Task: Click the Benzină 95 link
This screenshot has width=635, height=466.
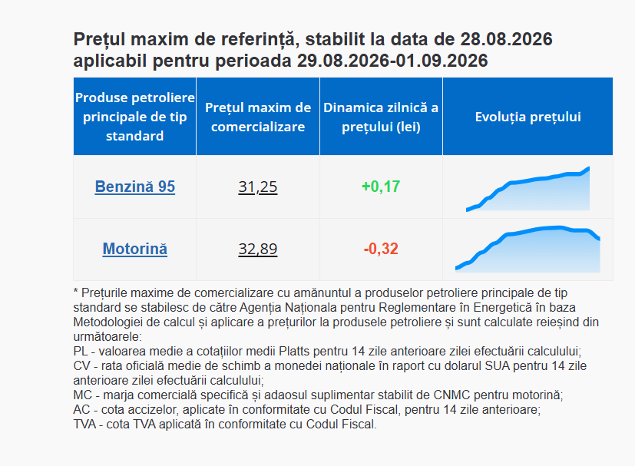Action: (x=135, y=187)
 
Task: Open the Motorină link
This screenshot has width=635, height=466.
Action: (x=135, y=249)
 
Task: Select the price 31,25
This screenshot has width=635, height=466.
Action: (x=258, y=187)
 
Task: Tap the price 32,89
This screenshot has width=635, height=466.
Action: (x=258, y=249)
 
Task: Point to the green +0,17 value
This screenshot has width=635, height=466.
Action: (x=381, y=187)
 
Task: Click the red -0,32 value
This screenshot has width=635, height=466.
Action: (x=381, y=249)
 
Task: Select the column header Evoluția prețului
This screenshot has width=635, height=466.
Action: (x=528, y=117)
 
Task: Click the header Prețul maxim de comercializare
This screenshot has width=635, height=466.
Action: (x=258, y=117)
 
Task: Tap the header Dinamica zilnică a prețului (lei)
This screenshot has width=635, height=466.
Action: (x=381, y=117)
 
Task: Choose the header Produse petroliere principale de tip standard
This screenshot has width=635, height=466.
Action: (x=135, y=117)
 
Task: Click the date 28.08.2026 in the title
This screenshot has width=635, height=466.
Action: (x=506, y=39)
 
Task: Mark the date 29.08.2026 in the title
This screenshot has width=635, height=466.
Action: (x=343, y=61)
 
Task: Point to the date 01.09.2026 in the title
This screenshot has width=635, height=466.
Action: (x=442, y=61)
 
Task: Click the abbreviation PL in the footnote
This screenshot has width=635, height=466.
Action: (x=80, y=351)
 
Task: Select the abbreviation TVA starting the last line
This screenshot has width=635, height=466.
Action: (x=84, y=424)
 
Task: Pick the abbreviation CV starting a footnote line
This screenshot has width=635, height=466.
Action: (x=81, y=365)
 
